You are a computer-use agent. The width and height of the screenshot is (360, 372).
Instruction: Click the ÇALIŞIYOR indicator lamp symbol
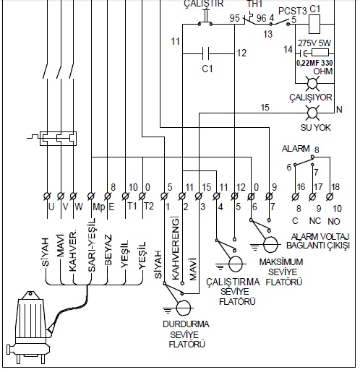[x=312, y=84]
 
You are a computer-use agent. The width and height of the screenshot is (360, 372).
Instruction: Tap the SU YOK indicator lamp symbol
[x=312, y=113]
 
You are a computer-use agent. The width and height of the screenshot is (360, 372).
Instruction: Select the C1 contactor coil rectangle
[x=314, y=24]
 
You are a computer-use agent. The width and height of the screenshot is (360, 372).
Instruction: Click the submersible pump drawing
[x=30, y=327]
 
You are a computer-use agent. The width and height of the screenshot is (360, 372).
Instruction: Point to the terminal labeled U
[x=47, y=196]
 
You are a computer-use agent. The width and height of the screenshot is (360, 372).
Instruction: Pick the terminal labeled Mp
[x=91, y=196]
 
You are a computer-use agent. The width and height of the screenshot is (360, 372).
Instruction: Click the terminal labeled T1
[x=125, y=196]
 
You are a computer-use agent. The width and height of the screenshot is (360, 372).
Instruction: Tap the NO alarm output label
[x=334, y=221]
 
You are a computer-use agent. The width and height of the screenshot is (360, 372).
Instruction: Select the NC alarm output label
[x=315, y=221]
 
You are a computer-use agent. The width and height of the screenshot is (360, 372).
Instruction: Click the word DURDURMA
[x=186, y=324]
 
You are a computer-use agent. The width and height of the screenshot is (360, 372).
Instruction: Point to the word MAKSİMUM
[x=281, y=262]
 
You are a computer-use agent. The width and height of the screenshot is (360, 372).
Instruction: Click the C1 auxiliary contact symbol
[x=206, y=53]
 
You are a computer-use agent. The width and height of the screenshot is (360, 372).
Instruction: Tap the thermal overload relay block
[x=58, y=139]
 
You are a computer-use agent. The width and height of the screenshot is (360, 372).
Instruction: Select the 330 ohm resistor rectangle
[x=320, y=53]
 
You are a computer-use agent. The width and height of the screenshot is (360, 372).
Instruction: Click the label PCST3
[x=293, y=11]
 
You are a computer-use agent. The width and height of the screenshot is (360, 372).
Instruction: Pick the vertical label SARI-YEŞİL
[x=92, y=245]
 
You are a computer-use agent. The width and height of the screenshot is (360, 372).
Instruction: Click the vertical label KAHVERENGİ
[x=176, y=248]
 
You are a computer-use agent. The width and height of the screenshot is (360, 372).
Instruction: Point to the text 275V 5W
[x=314, y=43]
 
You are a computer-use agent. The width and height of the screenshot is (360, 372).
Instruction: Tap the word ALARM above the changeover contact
[x=296, y=149]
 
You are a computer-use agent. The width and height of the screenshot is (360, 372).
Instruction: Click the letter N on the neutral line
[x=339, y=110]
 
